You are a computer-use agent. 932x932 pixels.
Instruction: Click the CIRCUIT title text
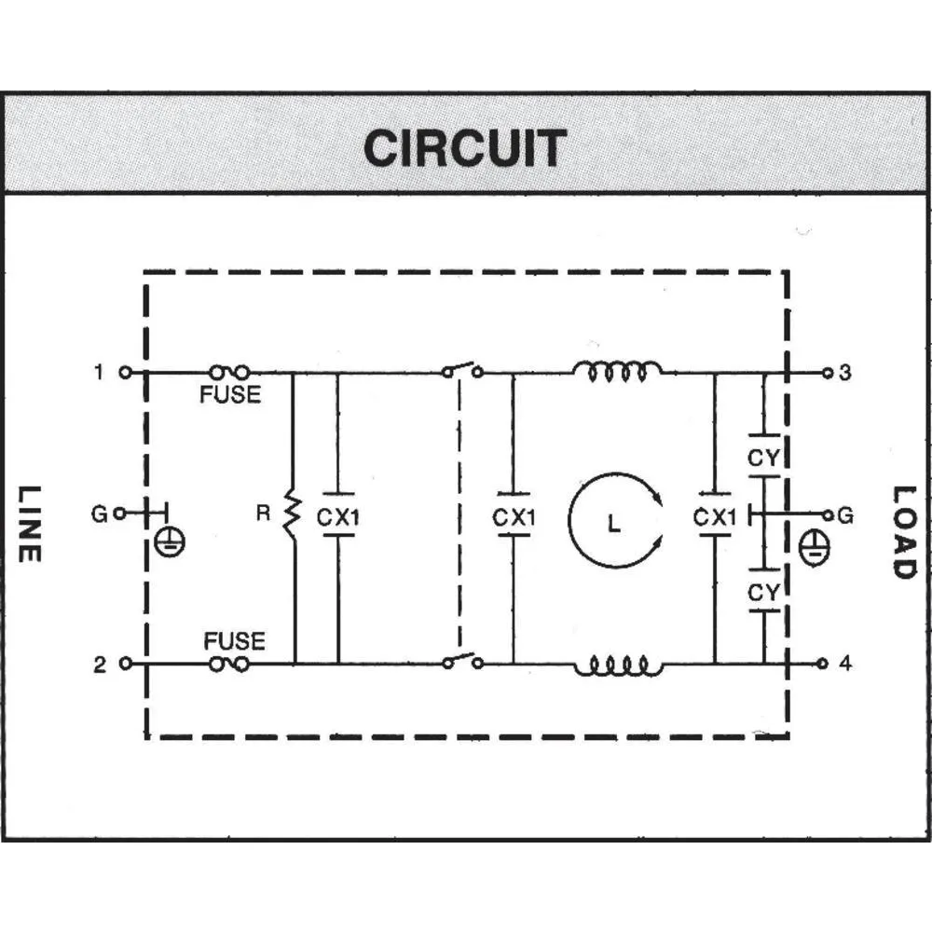click(x=465, y=147)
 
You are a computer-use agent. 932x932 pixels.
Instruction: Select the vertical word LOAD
click(x=903, y=532)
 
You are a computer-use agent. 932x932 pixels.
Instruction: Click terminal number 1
click(x=100, y=373)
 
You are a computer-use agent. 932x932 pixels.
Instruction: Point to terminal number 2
click(x=100, y=665)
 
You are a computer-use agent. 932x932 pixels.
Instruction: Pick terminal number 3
click(x=845, y=374)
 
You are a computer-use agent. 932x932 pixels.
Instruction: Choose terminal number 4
click(x=845, y=665)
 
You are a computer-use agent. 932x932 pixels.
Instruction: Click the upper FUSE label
click(x=230, y=395)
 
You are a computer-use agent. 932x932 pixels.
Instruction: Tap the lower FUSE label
click(x=234, y=641)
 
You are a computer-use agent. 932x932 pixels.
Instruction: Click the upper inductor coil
click(x=618, y=372)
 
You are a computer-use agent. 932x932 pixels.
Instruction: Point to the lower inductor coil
click(x=618, y=665)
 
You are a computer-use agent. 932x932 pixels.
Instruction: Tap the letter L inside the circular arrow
click(x=612, y=525)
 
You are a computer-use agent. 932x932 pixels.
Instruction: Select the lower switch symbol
click(x=462, y=662)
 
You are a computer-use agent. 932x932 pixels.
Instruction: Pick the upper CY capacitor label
click(x=764, y=458)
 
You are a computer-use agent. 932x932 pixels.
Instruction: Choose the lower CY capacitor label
click(x=764, y=592)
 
